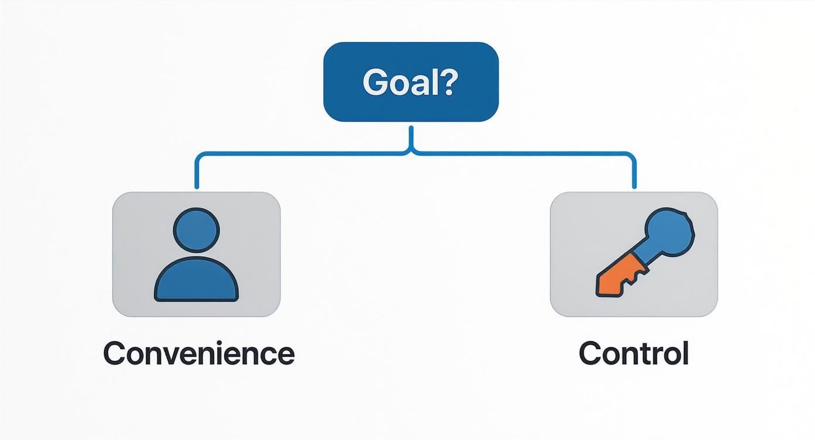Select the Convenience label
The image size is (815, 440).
pyautogui.click(x=198, y=353)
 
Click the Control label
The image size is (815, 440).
pyautogui.click(x=633, y=353)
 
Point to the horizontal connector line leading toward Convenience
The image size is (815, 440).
pyautogui.click(x=299, y=154)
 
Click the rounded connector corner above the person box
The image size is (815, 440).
pyautogui.click(x=199, y=158)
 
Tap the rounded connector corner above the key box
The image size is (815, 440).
pyautogui.click(x=632, y=158)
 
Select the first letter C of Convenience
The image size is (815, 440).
pyautogui.click(x=115, y=353)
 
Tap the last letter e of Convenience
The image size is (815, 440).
pyautogui.click(x=285, y=354)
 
